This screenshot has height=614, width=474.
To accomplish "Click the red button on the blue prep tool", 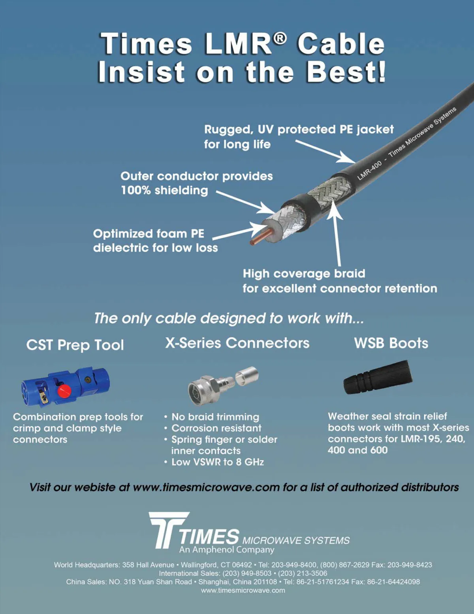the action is click(x=64, y=391).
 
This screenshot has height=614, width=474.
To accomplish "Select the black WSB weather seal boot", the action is click(x=378, y=377).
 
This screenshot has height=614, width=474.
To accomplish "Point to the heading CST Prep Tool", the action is click(x=75, y=345).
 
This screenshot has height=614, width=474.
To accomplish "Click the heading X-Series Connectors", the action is click(x=237, y=343).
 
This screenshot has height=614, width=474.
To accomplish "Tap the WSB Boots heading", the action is click(x=391, y=343).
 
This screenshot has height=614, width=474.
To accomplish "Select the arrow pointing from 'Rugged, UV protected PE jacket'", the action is click(x=325, y=151).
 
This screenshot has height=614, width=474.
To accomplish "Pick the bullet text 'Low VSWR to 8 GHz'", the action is click(x=218, y=462).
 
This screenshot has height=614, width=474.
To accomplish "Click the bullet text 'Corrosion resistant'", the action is click(x=216, y=428).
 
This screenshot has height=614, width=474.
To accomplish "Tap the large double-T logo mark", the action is click(x=169, y=530).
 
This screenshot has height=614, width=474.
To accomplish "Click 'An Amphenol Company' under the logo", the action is click(x=226, y=550).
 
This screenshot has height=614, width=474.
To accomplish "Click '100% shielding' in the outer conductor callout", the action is click(x=164, y=190).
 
